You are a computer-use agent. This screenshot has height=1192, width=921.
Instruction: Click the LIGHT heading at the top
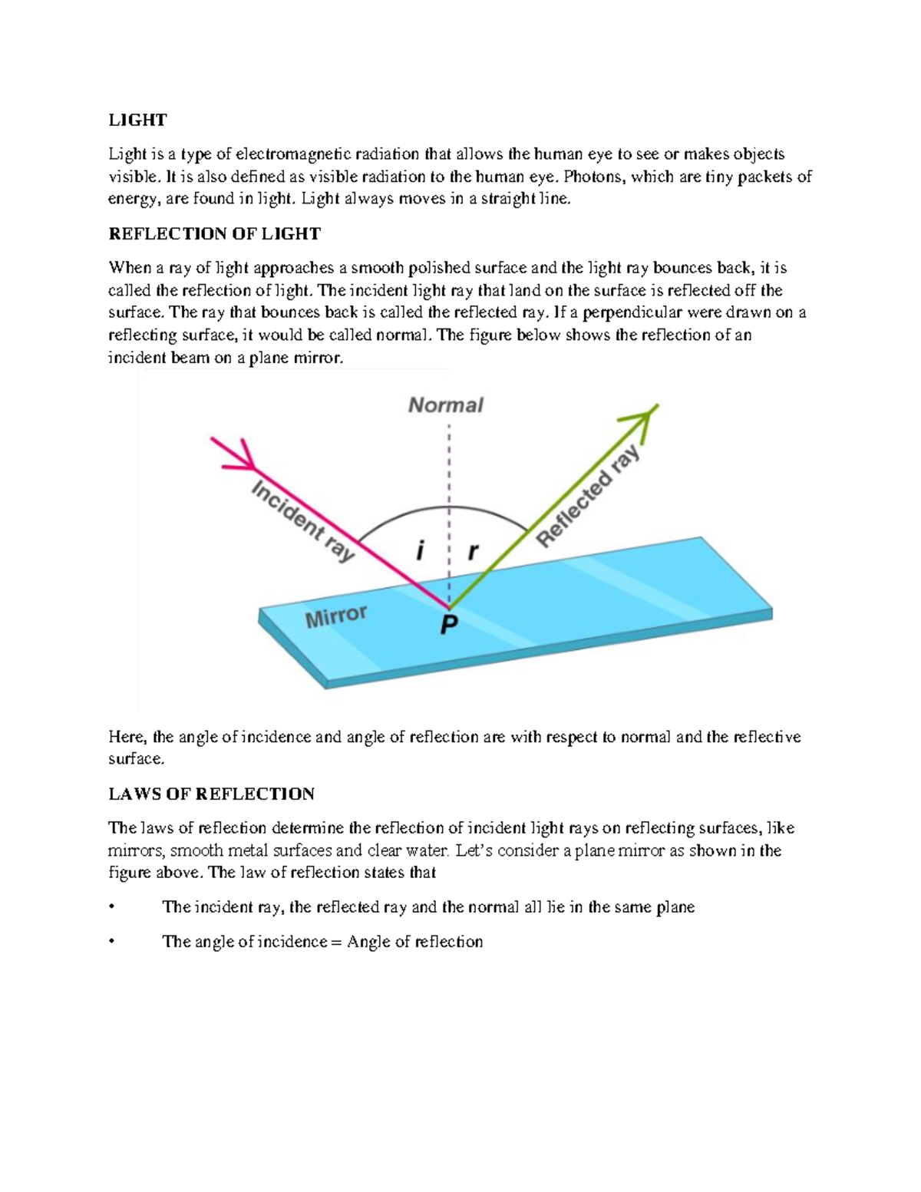point(137,120)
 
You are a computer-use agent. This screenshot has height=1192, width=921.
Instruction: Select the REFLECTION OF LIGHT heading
point(214,233)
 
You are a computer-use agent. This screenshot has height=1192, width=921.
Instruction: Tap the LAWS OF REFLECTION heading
point(211,794)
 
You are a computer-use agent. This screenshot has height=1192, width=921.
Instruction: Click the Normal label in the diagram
point(445,404)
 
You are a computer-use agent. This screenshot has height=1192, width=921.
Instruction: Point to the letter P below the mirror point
point(449,625)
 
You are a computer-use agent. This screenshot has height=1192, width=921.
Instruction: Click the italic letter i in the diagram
point(419,550)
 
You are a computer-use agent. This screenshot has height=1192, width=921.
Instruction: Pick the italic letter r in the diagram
point(473,550)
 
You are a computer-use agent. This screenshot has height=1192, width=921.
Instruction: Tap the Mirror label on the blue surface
point(336,616)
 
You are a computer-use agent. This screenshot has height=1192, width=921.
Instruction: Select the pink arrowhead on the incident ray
point(241,455)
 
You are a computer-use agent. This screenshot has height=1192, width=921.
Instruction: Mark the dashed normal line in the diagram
point(449,476)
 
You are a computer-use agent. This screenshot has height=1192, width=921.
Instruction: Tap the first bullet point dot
point(112,907)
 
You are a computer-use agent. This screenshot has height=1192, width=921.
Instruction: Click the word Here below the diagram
point(127,737)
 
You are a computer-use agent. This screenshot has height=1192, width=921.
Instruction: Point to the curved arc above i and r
point(445,507)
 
